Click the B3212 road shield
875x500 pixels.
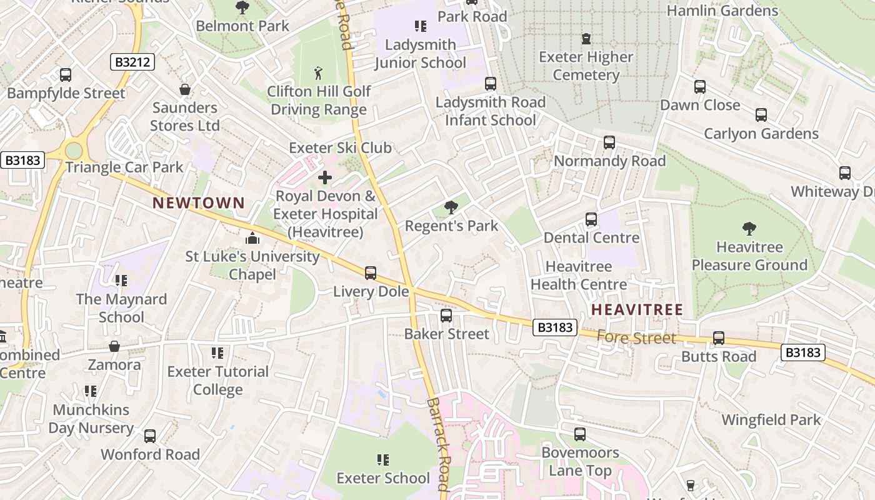132,62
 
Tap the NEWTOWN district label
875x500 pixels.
198,202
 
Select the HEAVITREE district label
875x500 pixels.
637,309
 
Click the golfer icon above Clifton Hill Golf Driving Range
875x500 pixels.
318,73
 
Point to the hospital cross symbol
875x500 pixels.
325,177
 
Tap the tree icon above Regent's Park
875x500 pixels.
451,207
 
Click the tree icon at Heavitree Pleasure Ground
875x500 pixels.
749,229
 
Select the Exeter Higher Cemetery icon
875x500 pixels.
586,39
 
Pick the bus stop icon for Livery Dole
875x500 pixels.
371,273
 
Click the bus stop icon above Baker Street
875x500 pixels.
446,316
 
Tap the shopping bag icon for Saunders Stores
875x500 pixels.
184,89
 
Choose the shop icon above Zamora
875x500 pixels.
114,346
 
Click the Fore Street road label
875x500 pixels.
636,338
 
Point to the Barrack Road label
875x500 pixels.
438,444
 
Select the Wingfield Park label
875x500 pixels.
771,419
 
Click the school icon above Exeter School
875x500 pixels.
383,460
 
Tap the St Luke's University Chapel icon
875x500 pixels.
252,238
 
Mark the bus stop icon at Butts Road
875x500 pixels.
718,338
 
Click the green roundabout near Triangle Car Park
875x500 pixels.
74,151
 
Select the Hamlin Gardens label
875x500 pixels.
722,11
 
